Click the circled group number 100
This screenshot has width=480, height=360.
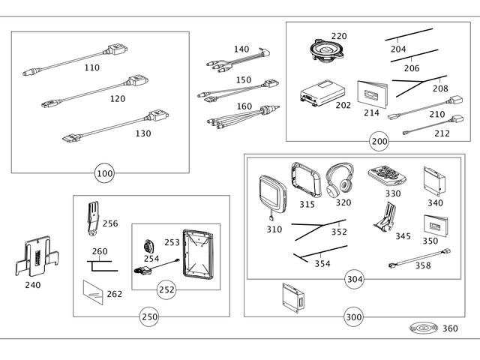[x=105, y=174]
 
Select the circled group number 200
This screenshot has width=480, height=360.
[x=379, y=141]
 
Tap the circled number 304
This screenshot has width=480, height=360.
[x=355, y=280]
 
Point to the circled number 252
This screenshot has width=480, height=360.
[x=167, y=289]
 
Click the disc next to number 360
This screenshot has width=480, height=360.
[x=424, y=328]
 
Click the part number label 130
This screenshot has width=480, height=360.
[x=142, y=133]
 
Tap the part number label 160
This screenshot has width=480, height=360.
[x=244, y=106]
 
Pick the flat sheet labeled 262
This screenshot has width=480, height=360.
[x=93, y=291]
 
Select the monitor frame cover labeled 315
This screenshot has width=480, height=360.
[x=306, y=179]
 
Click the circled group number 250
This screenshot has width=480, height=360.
[x=149, y=317]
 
